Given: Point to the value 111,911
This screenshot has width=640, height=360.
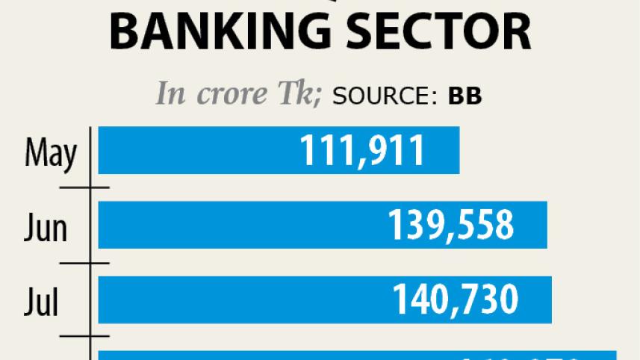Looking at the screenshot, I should click(x=362, y=151).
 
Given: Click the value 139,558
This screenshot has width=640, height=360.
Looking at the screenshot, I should click(x=450, y=226).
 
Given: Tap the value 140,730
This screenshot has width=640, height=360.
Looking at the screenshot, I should click(x=456, y=300).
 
